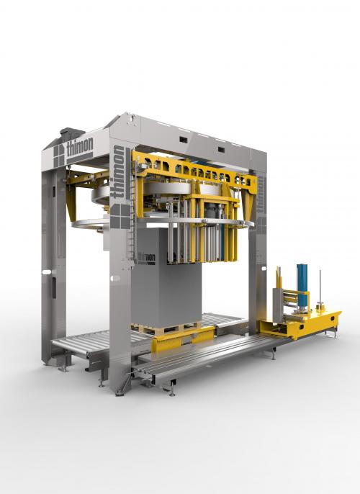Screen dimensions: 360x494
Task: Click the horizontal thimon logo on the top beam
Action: pyautogui.click(x=80, y=146)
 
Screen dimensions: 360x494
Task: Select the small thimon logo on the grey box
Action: pyautogui.click(x=147, y=258)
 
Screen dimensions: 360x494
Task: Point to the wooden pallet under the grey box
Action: pyautogui.click(x=166, y=328)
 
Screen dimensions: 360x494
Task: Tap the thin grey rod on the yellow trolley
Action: pyautogui.click(x=320, y=288)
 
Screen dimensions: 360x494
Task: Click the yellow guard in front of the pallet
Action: pyautogui.click(x=183, y=339)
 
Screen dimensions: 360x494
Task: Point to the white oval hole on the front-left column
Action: pyautogui.click(x=115, y=279)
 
